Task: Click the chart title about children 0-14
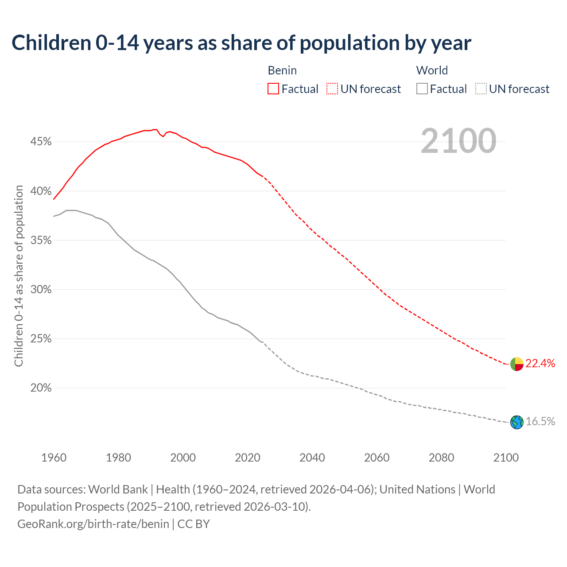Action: coord(241,43)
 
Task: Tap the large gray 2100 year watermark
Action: coord(458,141)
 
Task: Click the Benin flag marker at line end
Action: coord(517,364)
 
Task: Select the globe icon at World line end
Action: coord(517,422)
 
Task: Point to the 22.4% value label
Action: coord(540,364)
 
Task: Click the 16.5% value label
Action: coord(540,422)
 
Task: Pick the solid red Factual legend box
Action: coord(273,89)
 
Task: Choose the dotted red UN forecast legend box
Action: coord(332,89)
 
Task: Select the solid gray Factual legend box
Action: coord(422,89)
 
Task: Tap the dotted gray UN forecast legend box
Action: coord(481,89)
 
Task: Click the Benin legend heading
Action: coord(282,70)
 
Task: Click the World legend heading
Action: coord(432,70)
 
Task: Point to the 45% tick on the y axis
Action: coord(41,142)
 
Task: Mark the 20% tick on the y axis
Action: coord(41,388)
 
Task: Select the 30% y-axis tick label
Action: coord(41,290)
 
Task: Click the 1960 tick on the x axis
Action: coord(54,458)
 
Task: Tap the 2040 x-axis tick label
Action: coord(312,458)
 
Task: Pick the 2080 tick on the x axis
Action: coord(441,458)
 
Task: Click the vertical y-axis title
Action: coord(19,276)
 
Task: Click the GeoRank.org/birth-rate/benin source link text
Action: coord(93,524)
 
